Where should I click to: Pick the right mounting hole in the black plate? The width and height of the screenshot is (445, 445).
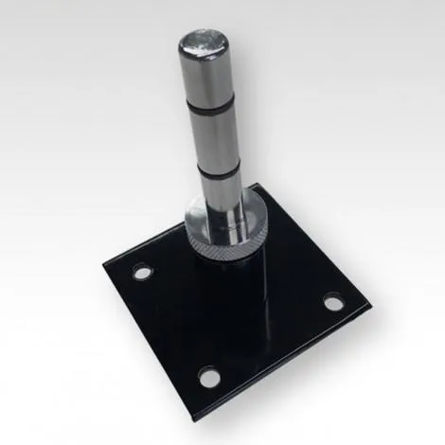coord(333,303)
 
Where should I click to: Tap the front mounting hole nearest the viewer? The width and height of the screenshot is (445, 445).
coord(208,379)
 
